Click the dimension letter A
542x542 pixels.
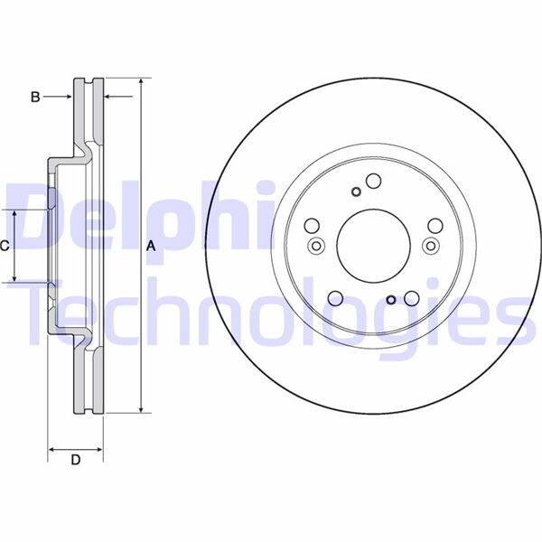coord(151,245)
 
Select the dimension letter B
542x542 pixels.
coord(36,96)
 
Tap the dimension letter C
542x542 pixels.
coord(5,245)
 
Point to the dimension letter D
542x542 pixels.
coord(76,461)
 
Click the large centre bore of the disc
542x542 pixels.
coord(372,246)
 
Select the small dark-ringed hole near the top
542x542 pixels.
coord(355,191)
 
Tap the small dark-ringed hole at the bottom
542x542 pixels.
coord(390,301)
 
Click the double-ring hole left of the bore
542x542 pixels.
coord(316,247)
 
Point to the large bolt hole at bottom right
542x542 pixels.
coord(411,297)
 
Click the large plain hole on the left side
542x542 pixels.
coord(312,227)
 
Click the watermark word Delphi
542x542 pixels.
coord(135,217)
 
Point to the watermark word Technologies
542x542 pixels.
coord(271,312)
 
